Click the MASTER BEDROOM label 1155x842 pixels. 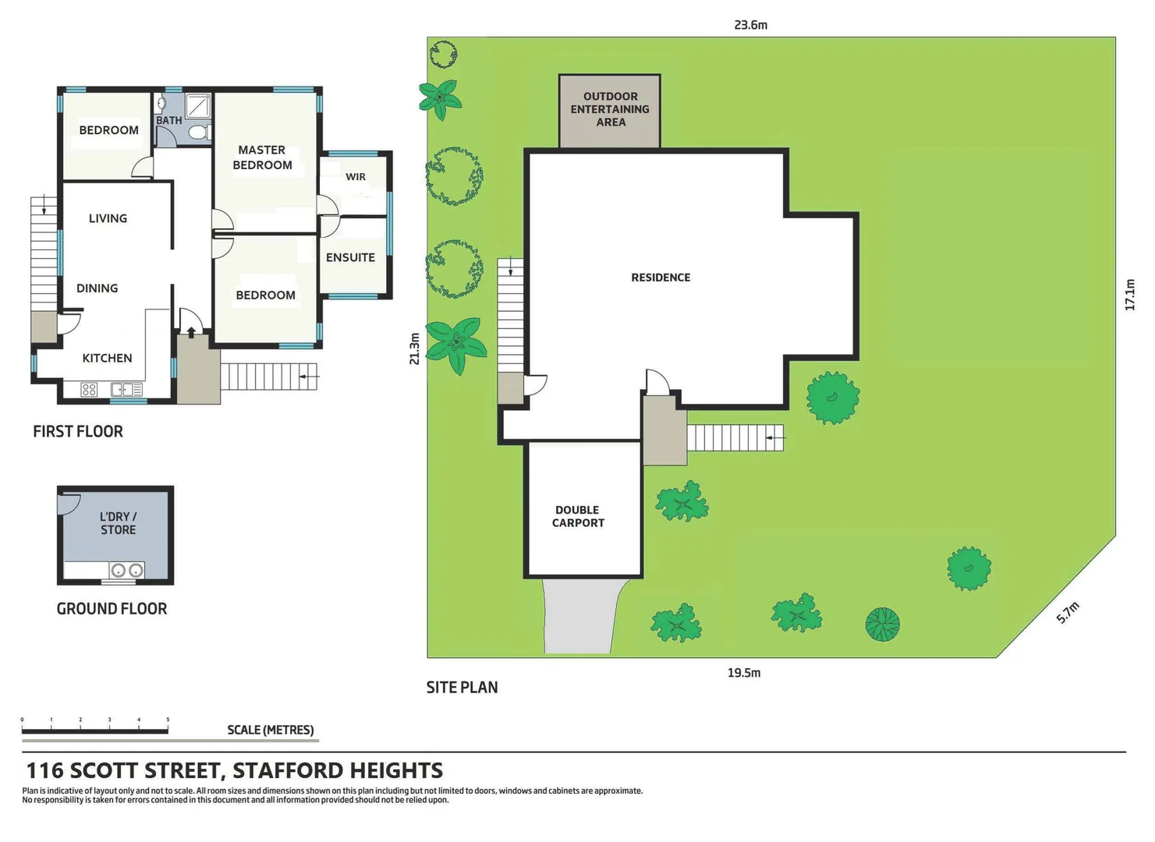click(262, 157)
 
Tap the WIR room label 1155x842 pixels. click(356, 177)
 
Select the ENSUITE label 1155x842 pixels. click(350, 257)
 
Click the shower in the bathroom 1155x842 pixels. click(198, 105)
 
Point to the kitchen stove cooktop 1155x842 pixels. click(89, 389)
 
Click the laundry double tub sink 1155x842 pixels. click(126, 571)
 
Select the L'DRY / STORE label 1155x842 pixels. click(118, 523)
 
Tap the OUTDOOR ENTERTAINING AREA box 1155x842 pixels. click(610, 110)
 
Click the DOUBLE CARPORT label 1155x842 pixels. click(578, 516)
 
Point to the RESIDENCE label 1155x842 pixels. click(661, 278)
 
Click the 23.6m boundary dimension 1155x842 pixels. click(750, 25)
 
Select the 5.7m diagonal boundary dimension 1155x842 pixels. click(1068, 613)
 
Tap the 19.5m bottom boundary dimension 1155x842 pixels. click(743, 673)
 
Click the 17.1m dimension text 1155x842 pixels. click(1130, 295)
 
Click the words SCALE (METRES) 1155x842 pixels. click(270, 730)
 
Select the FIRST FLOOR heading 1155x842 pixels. click(78, 431)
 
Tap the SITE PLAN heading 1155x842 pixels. click(462, 688)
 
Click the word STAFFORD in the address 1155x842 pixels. click(286, 771)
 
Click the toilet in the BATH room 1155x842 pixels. click(198, 133)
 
